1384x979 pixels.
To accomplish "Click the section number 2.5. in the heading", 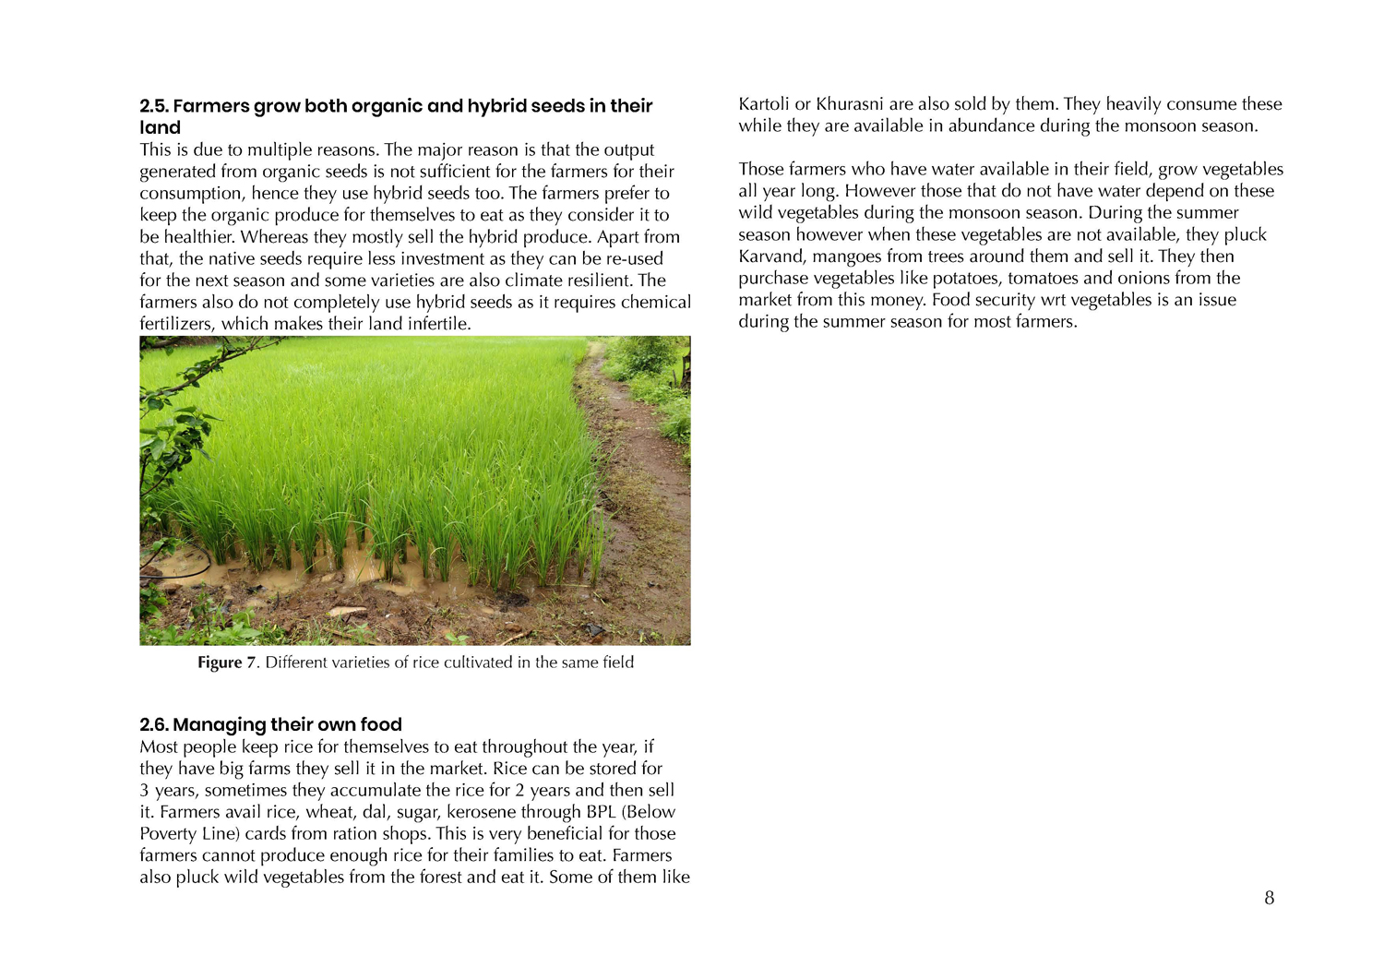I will (x=154, y=106).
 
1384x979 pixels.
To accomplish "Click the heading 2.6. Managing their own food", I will (x=270, y=724).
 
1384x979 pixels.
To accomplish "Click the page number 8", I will (x=1269, y=898).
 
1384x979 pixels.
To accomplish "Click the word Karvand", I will (x=770, y=257).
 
